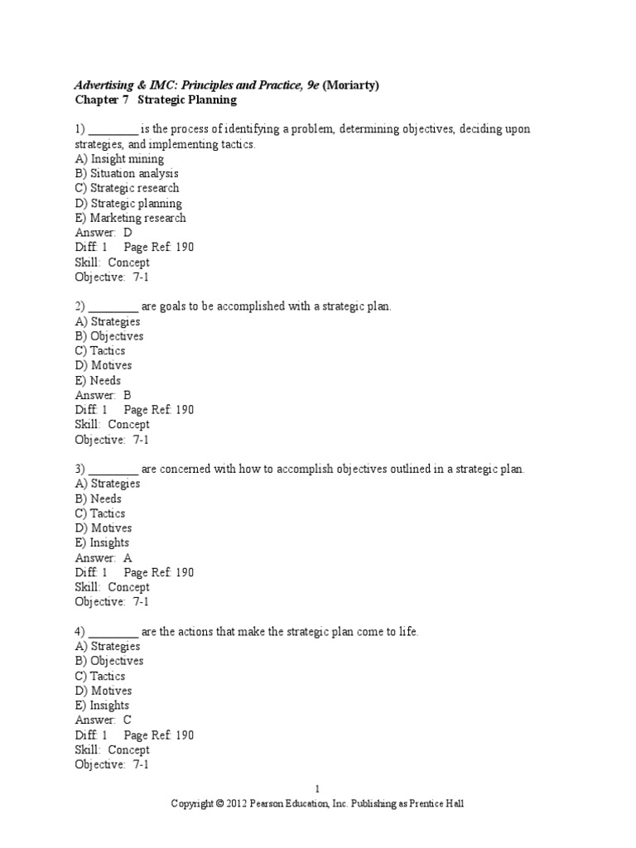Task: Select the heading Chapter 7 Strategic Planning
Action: [156, 100]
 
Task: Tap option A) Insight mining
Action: [119, 159]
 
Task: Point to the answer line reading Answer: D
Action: [104, 233]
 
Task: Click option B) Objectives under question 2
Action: [109, 336]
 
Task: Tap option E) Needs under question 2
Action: [98, 380]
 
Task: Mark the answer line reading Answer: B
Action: [104, 395]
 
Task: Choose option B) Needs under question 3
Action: [98, 499]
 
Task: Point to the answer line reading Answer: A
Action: [104, 557]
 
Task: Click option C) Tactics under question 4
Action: [101, 676]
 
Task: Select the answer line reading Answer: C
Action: [104, 720]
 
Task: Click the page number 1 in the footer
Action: [318, 789]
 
